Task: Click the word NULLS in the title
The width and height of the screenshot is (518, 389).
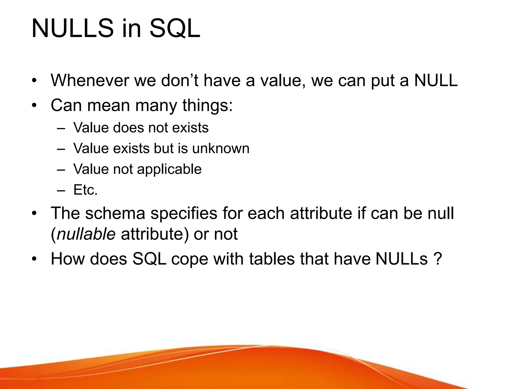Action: pyautogui.click(x=73, y=28)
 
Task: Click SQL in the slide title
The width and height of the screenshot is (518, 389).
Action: pyautogui.click(x=175, y=28)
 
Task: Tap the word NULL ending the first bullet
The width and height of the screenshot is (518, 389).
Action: pyautogui.click(x=436, y=80)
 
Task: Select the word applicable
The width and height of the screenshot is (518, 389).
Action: pyautogui.click(x=169, y=169)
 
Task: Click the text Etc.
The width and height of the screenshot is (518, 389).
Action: pyautogui.click(x=85, y=190)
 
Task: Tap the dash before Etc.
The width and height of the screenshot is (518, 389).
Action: pyautogui.click(x=61, y=190)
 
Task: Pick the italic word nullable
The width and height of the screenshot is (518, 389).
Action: pyautogui.click(x=86, y=234)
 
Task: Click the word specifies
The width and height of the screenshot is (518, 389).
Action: pyautogui.click(x=184, y=213)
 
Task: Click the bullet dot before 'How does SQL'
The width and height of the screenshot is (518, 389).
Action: pyautogui.click(x=34, y=259)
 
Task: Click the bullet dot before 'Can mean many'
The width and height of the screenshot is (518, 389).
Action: pyautogui.click(x=34, y=105)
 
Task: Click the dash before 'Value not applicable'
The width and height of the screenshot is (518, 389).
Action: pyautogui.click(x=61, y=169)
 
